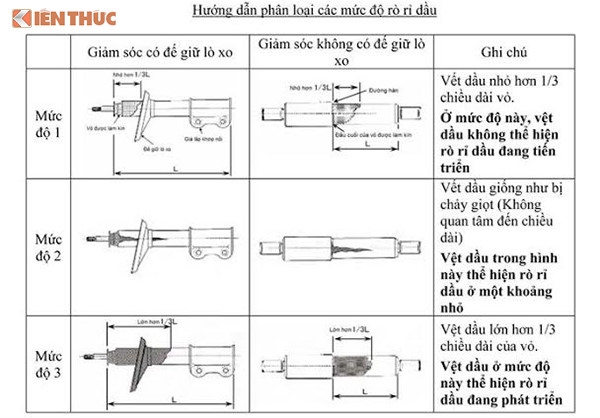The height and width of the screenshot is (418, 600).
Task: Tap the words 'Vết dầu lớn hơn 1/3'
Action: coord(497,327)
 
